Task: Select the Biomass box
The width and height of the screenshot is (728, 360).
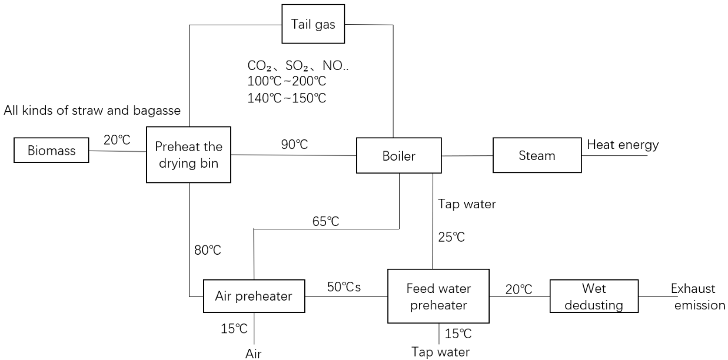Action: (52, 151)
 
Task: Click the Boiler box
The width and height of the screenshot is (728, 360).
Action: (398, 156)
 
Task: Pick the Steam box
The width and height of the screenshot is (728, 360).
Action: (536, 156)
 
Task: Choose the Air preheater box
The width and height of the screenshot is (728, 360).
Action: (254, 296)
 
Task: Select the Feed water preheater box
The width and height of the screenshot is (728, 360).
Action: (438, 296)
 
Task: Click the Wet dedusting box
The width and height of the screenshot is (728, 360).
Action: (593, 296)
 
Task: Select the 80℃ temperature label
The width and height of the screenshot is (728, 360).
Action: (207, 251)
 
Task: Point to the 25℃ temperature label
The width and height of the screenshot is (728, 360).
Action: (451, 238)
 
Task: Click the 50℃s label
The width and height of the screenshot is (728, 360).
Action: (345, 288)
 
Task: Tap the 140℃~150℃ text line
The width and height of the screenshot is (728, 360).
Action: (287, 98)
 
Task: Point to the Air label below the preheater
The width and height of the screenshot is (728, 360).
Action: (252, 354)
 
